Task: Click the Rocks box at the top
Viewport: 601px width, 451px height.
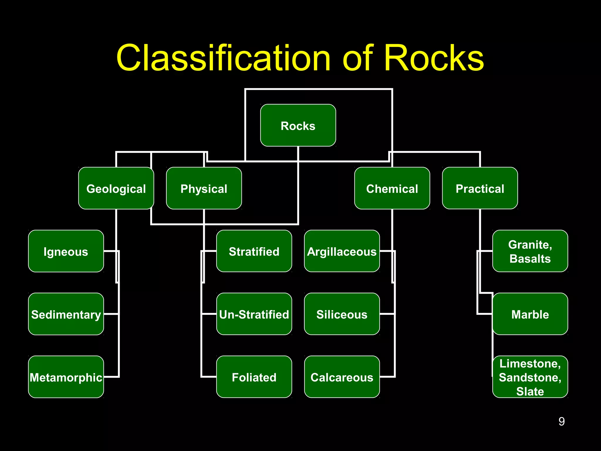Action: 298,125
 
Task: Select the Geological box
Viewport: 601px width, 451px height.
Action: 116,188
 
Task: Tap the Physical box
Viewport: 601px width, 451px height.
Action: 204,188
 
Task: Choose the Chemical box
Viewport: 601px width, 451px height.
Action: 392,188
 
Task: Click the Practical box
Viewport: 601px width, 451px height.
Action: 480,188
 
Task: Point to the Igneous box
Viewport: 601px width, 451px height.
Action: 66,251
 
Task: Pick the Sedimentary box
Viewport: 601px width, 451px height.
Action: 66,314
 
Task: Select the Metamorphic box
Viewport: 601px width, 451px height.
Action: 66,377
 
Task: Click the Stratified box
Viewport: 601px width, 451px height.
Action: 254,251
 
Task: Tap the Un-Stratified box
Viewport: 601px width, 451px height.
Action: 254,314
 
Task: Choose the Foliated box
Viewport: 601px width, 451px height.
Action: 254,377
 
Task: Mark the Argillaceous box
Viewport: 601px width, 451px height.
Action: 342,251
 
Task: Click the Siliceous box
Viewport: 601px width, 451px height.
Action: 342,314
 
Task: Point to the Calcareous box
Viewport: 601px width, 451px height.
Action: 342,377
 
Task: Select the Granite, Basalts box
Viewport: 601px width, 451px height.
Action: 530,251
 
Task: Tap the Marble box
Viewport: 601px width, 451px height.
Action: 530,314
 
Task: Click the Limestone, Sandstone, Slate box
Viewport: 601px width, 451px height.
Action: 530,377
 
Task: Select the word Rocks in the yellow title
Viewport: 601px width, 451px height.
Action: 434,58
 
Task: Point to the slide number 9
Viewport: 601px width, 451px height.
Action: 561,421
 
